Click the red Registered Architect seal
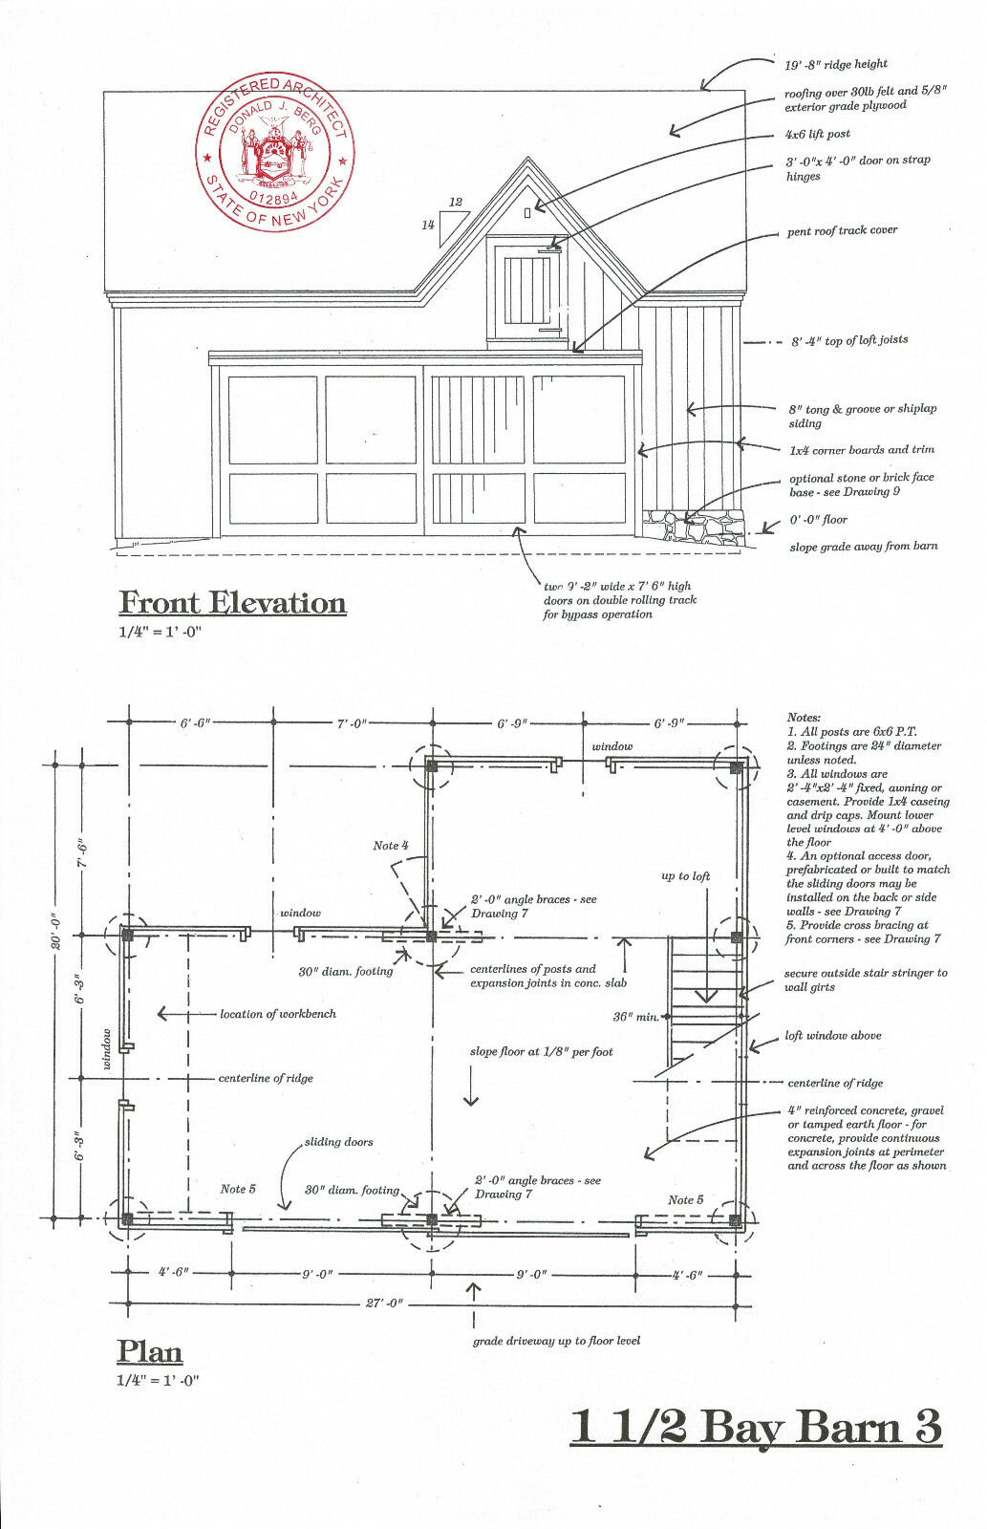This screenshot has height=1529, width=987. [x=275, y=151]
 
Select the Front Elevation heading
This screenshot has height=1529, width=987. [x=232, y=603]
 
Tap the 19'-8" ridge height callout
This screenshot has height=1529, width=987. [x=836, y=64]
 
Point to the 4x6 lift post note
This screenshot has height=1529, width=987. [x=817, y=135]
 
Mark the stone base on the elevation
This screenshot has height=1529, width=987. [x=694, y=527]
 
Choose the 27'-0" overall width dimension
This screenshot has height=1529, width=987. [x=385, y=1303]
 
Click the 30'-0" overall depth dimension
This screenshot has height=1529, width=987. [x=56, y=932]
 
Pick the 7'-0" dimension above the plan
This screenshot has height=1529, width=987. [x=352, y=723]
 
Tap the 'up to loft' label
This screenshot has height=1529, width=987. [x=685, y=876]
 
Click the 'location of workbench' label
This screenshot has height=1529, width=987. [x=277, y=1014]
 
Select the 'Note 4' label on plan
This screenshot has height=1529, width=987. [x=391, y=846]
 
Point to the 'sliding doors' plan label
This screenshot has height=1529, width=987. [x=338, y=1142]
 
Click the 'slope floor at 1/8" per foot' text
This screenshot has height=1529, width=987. [x=541, y=1052]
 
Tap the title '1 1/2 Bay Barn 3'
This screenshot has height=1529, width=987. [x=756, y=1427]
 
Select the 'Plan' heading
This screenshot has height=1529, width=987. [x=150, y=1351]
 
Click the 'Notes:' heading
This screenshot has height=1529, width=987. [x=804, y=718]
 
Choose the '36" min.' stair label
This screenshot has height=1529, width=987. [x=635, y=1017]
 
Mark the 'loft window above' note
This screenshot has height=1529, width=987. [x=832, y=1036]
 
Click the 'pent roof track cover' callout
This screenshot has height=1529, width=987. [x=842, y=231]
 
